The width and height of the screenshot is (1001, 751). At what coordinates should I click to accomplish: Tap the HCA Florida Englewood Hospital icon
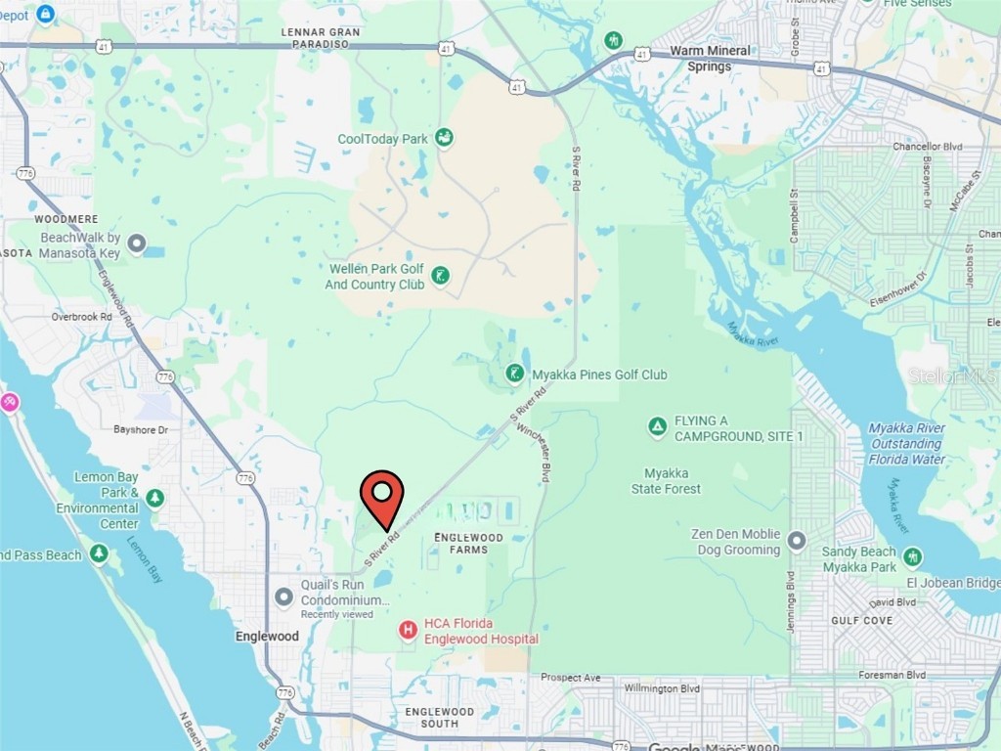tap(408, 631)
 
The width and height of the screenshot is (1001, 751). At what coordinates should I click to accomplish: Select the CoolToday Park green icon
tap(444, 138)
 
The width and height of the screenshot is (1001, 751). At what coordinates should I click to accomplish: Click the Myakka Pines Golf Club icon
tap(514, 374)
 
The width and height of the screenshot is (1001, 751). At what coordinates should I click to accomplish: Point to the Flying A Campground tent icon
tap(658, 427)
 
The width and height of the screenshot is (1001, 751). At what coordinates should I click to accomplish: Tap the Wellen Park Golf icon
tap(441, 276)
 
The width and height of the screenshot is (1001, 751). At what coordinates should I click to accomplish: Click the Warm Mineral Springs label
tap(710, 59)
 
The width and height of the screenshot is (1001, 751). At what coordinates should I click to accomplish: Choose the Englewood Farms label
tap(467, 544)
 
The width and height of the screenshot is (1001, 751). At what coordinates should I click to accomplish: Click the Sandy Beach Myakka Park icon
tap(912, 556)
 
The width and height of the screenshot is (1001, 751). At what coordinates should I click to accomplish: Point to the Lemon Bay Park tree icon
tap(154, 499)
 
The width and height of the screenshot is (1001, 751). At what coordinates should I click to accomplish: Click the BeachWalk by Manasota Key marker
tap(137, 243)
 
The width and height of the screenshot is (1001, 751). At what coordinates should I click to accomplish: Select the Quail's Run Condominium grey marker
tap(284, 596)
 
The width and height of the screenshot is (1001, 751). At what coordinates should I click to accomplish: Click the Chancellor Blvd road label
tap(928, 147)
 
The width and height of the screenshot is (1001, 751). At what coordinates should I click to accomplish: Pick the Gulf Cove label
tap(861, 620)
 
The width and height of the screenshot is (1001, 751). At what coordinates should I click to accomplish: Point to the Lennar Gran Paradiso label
tap(321, 38)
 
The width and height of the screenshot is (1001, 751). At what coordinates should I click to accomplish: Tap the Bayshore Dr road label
tap(141, 429)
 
